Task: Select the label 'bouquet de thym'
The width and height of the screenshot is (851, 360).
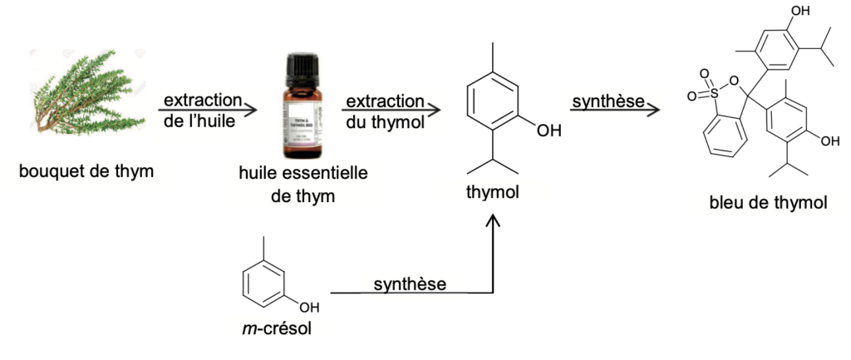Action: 90,172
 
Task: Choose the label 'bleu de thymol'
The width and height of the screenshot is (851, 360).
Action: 768,202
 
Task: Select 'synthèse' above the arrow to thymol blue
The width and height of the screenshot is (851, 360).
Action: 608,101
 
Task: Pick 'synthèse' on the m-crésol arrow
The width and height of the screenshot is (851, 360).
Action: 410,284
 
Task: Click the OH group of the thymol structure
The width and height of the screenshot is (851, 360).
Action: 548,131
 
